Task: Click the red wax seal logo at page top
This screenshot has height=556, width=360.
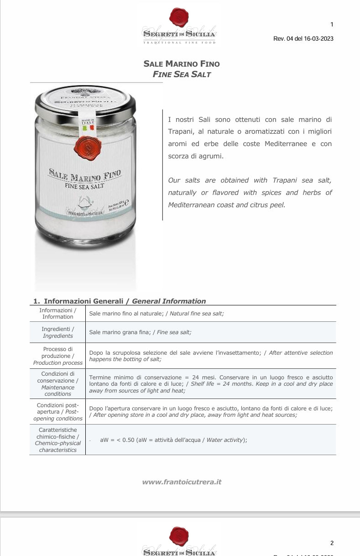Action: (179, 18)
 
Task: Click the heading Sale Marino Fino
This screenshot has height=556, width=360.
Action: (182, 64)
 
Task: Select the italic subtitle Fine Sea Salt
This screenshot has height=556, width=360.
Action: (182, 74)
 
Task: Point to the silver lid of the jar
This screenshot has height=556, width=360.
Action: (85, 99)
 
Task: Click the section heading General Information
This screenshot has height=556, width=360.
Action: (168, 301)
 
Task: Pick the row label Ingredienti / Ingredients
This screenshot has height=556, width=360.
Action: (57, 332)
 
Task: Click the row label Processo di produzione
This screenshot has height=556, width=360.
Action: (57, 356)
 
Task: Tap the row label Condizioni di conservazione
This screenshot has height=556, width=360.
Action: (57, 383)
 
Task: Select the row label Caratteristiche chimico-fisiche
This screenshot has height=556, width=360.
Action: (57, 440)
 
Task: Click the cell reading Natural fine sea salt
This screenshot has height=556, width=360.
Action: (197, 314)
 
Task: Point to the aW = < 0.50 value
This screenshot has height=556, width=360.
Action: (117, 440)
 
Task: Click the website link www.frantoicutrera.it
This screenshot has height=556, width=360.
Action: (182, 482)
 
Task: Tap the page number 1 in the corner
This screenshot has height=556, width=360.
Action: (332, 25)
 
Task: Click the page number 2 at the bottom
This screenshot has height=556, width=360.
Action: (332, 543)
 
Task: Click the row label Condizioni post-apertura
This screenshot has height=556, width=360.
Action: (57, 412)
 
